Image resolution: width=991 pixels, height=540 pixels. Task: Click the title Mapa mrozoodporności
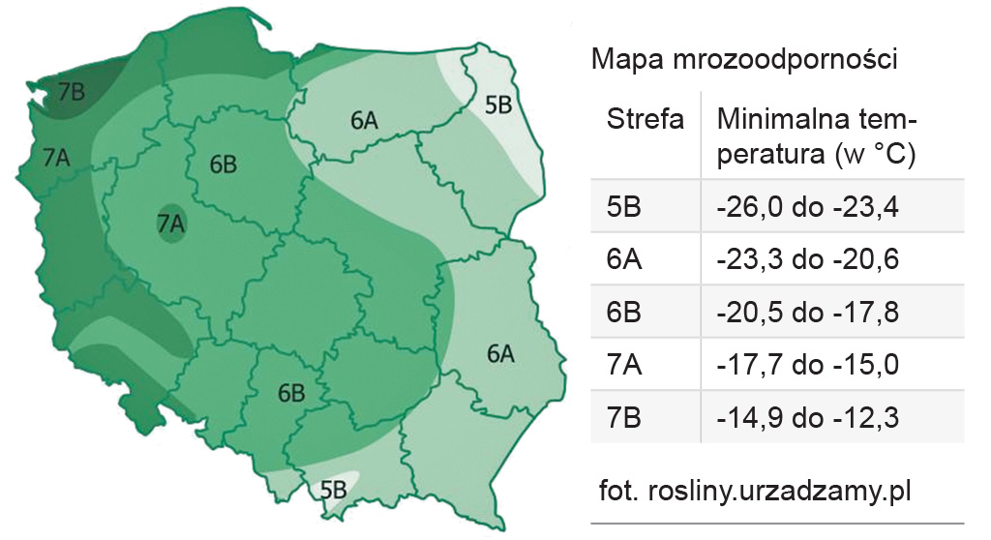[x=745, y=60]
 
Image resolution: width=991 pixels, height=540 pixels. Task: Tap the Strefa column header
[x=645, y=120]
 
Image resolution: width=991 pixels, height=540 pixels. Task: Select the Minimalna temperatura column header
[x=817, y=136]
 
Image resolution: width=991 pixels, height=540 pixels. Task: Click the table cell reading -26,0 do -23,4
[x=809, y=207]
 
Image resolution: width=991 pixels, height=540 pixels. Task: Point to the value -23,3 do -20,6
[x=809, y=260]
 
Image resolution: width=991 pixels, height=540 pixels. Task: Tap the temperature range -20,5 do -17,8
[x=809, y=314]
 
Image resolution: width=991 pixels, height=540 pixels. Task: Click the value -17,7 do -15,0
[x=809, y=366]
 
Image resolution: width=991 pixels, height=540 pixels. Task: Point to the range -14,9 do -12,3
[x=809, y=418]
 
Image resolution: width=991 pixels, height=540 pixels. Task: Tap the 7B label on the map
[x=72, y=92]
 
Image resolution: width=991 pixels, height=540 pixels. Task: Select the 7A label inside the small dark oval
[x=170, y=224]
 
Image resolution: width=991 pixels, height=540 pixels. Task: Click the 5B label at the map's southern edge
[x=333, y=489]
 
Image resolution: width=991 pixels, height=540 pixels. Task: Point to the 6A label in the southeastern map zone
[x=499, y=354]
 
